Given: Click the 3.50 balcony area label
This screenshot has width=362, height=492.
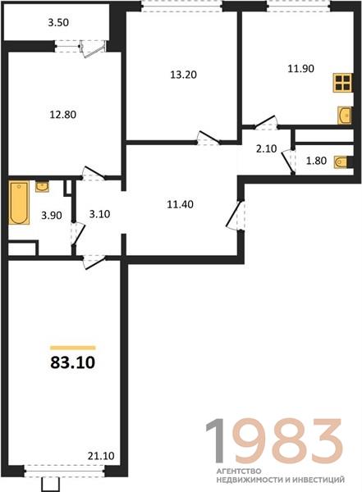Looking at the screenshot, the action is pyautogui.click(x=58, y=23).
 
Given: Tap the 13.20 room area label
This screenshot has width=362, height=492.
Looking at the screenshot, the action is pyautogui.click(x=184, y=75).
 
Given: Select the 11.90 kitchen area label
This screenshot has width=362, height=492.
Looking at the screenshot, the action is pyautogui.click(x=301, y=68).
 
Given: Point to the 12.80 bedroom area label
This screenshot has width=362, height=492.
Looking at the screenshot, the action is pyautogui.click(x=63, y=115).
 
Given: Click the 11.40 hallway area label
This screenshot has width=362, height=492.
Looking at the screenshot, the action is pyautogui.click(x=180, y=204).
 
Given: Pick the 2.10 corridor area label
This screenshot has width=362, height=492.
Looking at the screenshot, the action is pyautogui.click(x=267, y=148).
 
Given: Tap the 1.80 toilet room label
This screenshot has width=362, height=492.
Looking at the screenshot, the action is pyautogui.click(x=316, y=161).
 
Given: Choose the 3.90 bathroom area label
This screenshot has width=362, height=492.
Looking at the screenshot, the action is pyautogui.click(x=52, y=216).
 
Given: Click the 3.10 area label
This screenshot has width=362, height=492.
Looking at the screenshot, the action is pyautogui.click(x=99, y=214).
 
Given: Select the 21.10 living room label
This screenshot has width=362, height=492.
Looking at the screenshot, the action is pyautogui.click(x=101, y=456).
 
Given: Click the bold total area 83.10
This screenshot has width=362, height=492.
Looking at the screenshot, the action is pyautogui.click(x=72, y=362).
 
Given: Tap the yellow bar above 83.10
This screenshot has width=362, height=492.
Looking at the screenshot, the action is pyautogui.click(x=72, y=348).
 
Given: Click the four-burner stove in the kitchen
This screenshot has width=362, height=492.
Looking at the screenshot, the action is pyautogui.click(x=342, y=83).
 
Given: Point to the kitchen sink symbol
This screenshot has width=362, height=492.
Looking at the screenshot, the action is pyautogui.click(x=345, y=116).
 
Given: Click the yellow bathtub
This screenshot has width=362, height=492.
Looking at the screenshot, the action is pyautogui.click(x=19, y=203).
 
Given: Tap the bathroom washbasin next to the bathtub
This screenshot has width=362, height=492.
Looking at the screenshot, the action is pyautogui.click(x=42, y=186).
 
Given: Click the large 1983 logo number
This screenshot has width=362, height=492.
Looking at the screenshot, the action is pyautogui.click(x=274, y=441).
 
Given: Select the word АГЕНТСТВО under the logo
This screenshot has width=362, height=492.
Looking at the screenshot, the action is pyautogui.click(x=239, y=471).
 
